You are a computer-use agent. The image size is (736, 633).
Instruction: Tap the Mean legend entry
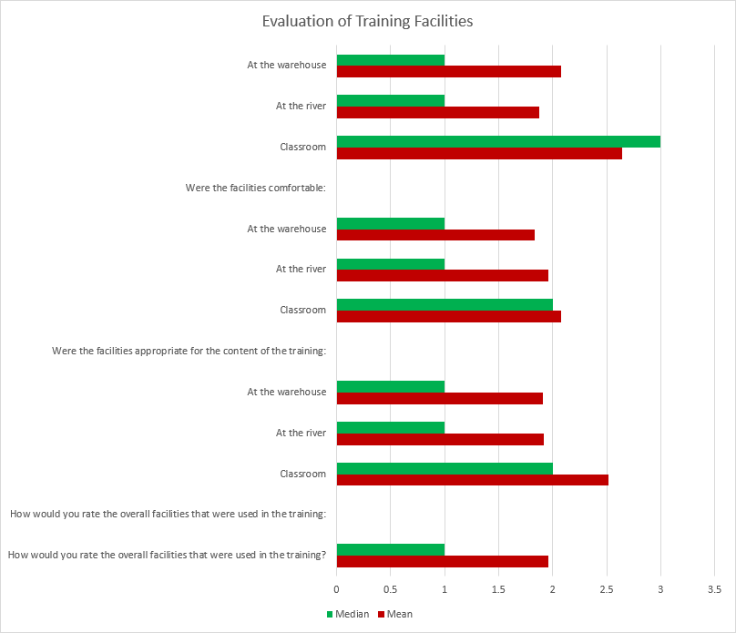coord(399,614)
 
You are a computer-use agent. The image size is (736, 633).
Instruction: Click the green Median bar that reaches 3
coord(498,141)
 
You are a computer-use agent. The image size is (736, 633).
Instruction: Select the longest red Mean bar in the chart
coord(479,153)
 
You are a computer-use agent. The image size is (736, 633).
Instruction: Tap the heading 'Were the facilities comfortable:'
coord(255,188)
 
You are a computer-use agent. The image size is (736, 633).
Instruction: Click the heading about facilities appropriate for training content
coord(189,351)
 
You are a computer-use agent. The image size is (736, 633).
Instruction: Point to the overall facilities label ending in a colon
coord(168,515)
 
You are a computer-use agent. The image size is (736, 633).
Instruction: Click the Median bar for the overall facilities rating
coord(391,549)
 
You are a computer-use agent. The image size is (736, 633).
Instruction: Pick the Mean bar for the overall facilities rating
coord(443,561)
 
